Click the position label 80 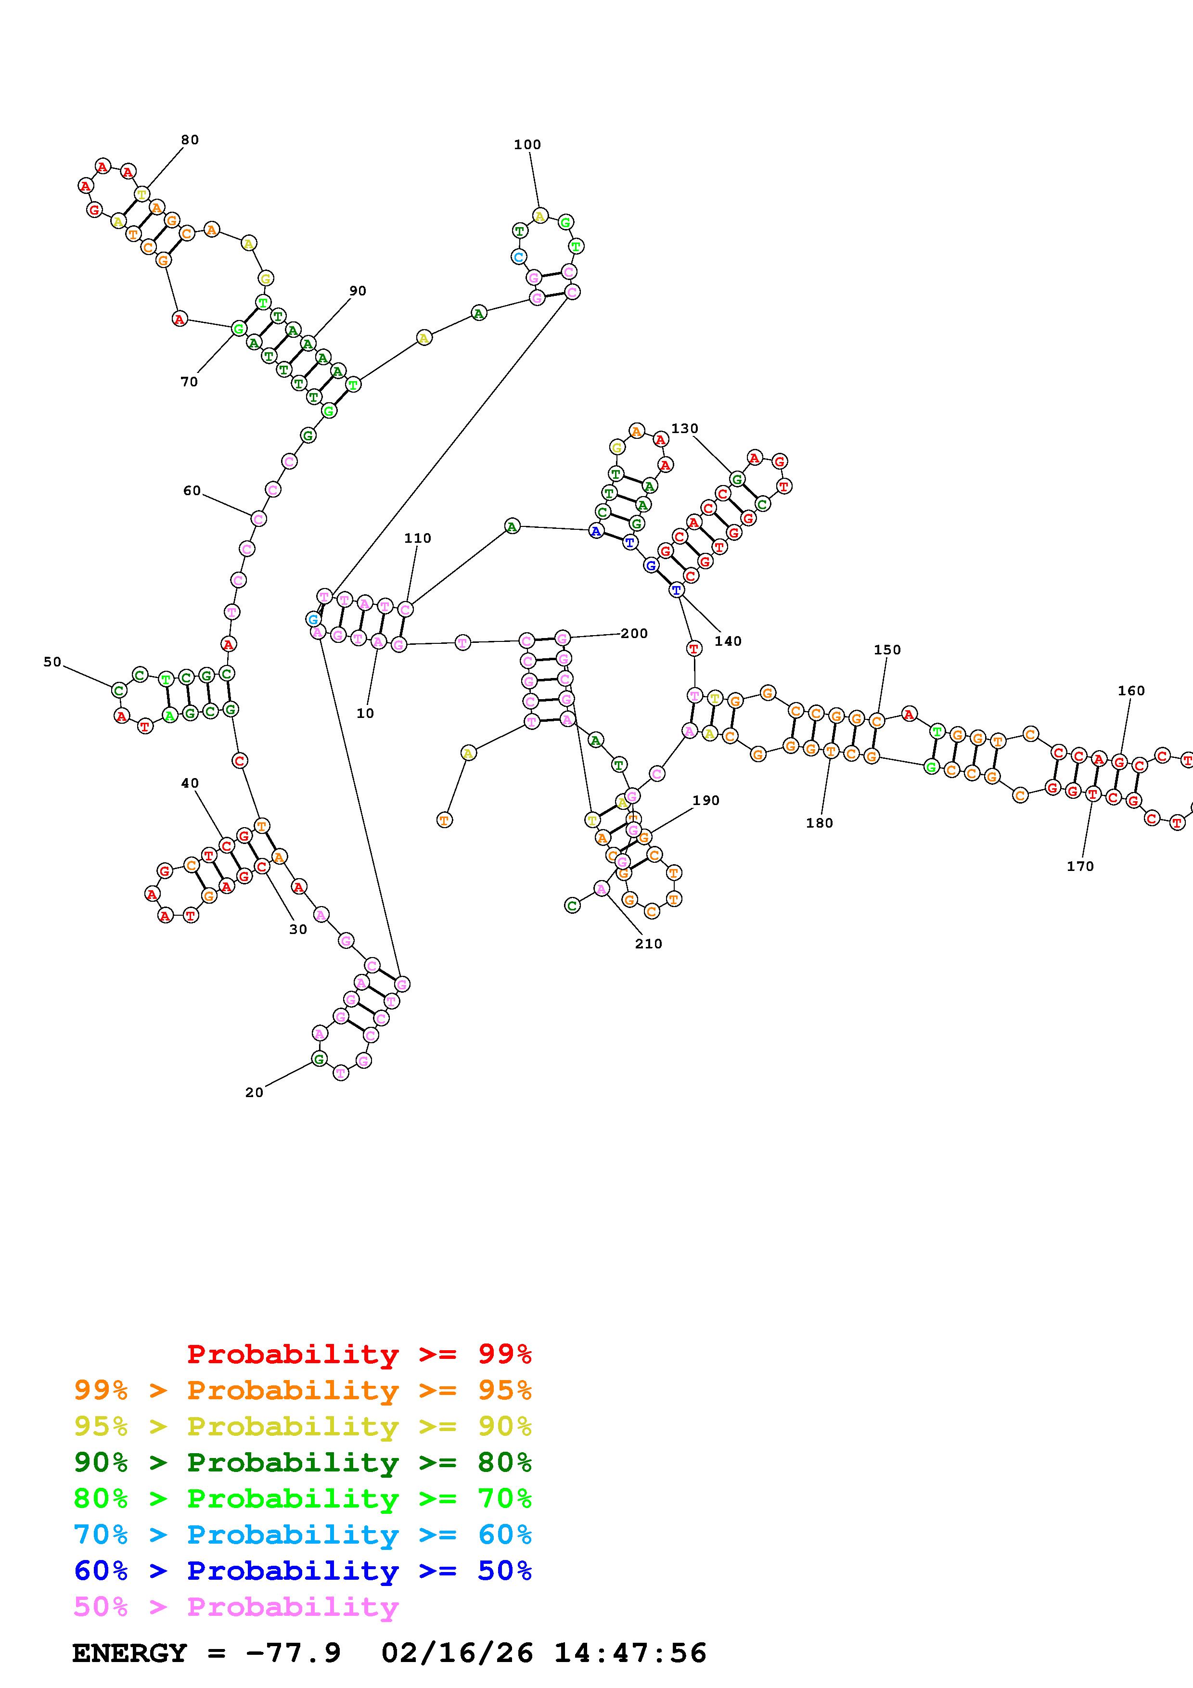pyautogui.click(x=190, y=140)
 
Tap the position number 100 pyautogui.click(x=527, y=145)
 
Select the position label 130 pyautogui.click(x=684, y=429)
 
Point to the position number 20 pyautogui.click(x=254, y=1092)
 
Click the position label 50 pyautogui.click(x=52, y=662)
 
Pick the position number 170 pyautogui.click(x=1080, y=866)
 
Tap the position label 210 pyautogui.click(x=648, y=944)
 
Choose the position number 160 pyautogui.click(x=1131, y=691)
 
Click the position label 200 pyautogui.click(x=634, y=633)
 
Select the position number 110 pyautogui.click(x=418, y=538)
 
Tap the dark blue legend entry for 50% pyautogui.click(x=303, y=1571)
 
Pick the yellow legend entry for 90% pyautogui.click(x=303, y=1426)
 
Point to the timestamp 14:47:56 pyautogui.click(x=630, y=1653)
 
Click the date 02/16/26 pyautogui.click(x=457, y=1653)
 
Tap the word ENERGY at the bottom pyautogui.click(x=129, y=1653)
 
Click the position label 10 pyautogui.click(x=365, y=713)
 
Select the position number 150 pyautogui.click(x=887, y=650)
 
